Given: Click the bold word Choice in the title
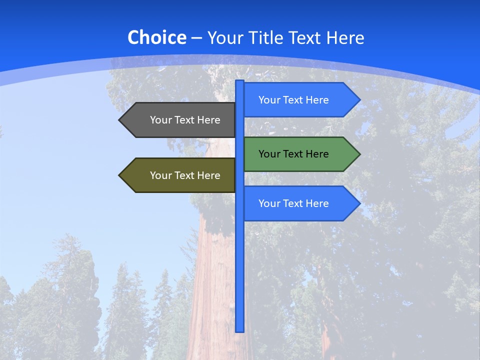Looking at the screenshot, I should pyautogui.click(x=156, y=37).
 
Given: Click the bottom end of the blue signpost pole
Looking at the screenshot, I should pyautogui.click(x=239, y=329).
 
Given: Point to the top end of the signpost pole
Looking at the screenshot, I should pyautogui.click(x=239, y=82).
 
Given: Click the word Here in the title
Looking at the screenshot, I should pyautogui.click(x=345, y=37).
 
